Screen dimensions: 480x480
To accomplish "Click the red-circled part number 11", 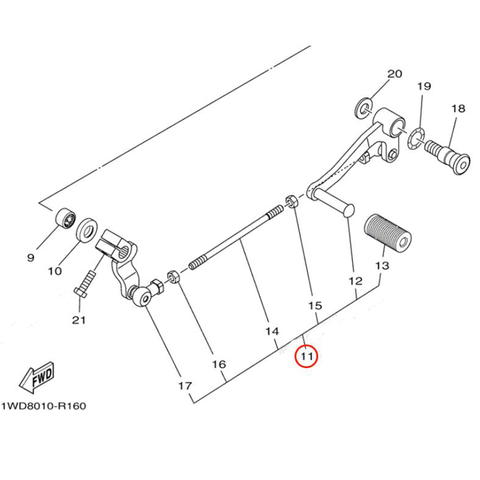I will pos(307,356).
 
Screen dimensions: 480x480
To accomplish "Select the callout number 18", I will pos(458,109).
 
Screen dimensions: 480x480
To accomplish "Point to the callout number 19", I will pos(424,86).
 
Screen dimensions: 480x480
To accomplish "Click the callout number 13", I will pos(382,266).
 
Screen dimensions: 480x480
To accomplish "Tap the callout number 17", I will pos(184,385).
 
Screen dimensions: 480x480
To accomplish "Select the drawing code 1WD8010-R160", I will pos(43,406).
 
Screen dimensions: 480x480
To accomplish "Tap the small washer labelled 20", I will pos(364,108).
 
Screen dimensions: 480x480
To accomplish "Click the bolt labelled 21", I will pos(85,283).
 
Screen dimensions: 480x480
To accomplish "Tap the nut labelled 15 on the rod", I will pos(290,201).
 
